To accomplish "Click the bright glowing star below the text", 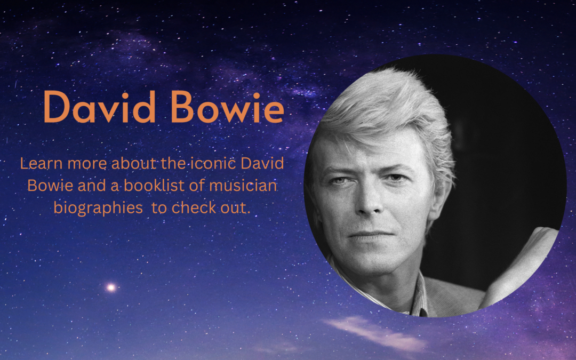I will click(x=111, y=287).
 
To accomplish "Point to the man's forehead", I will click(x=363, y=152).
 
